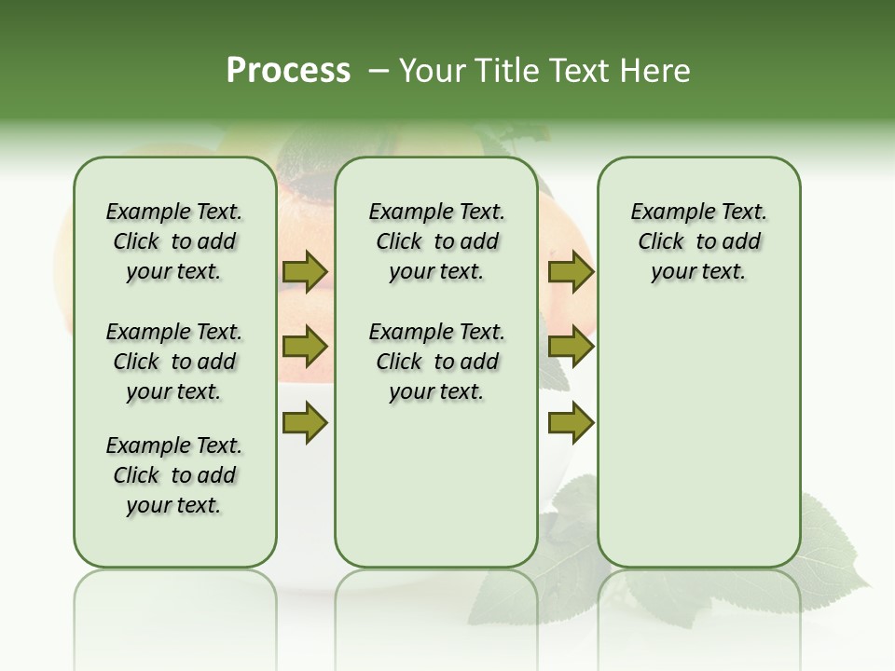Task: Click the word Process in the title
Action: coord(288,71)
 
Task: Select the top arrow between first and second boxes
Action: coord(305,272)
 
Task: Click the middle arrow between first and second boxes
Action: coord(305,347)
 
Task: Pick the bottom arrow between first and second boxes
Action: coord(305,422)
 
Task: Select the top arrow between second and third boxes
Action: coord(571,272)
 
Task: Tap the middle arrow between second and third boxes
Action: coord(571,347)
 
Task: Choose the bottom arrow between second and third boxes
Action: coord(571,422)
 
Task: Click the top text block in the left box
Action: coord(174,241)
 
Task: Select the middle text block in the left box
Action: coord(174,362)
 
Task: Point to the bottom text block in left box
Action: coord(174,475)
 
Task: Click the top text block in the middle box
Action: coord(436,241)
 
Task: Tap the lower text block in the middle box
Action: coord(436,362)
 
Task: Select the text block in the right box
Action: coord(698,241)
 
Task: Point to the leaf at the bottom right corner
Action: coord(830,550)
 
